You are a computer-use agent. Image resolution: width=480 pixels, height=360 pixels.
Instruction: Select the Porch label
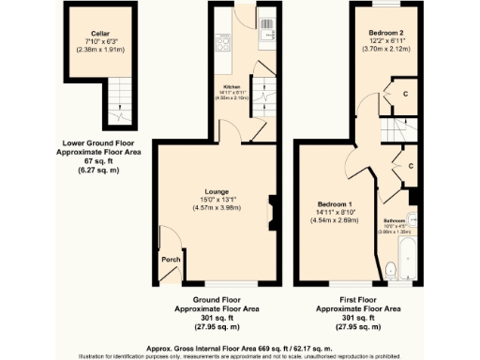170,260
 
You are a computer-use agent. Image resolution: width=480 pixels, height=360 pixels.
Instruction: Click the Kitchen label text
232,86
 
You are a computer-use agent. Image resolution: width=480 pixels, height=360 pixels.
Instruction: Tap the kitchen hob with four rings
224,43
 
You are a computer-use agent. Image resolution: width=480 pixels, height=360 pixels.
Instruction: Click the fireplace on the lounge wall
270,205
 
